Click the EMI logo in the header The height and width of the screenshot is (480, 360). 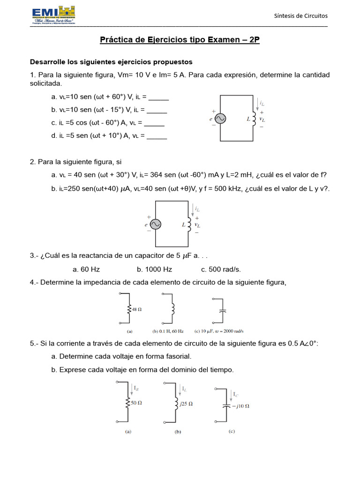click(53, 15)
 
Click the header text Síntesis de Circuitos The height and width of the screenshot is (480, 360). click(300, 16)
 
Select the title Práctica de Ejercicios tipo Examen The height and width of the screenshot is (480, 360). click(180, 40)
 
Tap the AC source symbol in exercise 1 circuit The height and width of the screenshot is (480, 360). click(220, 119)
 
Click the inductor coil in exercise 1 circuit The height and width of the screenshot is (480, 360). click(255, 118)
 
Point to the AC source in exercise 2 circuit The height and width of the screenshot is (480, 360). click(155, 225)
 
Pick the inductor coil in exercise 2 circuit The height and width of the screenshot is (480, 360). click(190, 224)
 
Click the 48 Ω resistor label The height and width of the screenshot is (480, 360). click(136, 309)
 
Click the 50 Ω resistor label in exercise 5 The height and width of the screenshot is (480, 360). click(136, 403)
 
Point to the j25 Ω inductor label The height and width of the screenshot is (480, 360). click(186, 403)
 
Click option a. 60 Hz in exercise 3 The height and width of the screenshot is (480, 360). click(86, 270)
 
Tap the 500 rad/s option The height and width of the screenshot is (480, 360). click(221, 270)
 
